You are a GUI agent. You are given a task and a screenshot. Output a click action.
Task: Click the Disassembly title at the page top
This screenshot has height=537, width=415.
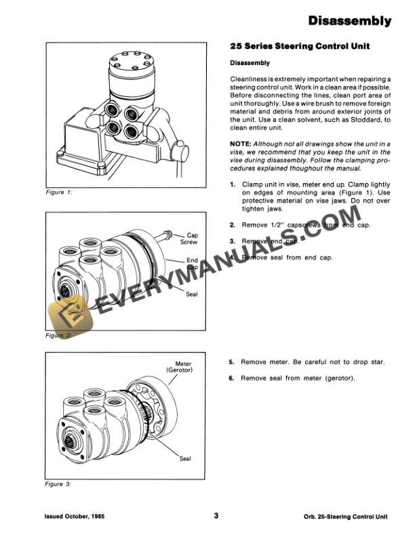tap(349, 22)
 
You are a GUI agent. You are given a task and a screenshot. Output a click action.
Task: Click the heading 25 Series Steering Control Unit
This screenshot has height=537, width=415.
tap(294, 47)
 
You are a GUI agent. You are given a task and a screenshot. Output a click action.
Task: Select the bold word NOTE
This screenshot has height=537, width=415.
tap(241, 144)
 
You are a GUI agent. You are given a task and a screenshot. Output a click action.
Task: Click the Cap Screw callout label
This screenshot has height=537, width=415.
tap(189, 238)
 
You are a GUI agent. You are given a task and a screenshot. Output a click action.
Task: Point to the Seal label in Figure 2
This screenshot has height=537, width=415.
tap(191, 294)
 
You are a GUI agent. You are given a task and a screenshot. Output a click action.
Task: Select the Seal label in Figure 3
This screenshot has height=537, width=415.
tap(184, 459)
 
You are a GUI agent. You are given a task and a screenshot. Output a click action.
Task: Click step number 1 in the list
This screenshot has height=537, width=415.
tap(233, 184)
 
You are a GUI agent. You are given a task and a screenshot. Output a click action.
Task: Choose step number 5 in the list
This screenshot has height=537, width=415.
tap(233, 362)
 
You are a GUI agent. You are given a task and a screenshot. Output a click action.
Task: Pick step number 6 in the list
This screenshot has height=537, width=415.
tap(233, 378)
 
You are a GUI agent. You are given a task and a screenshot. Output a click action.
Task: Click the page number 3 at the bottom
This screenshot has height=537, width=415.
tap(216, 515)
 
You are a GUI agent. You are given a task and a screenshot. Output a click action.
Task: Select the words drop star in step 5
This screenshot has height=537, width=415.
tap(370, 362)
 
